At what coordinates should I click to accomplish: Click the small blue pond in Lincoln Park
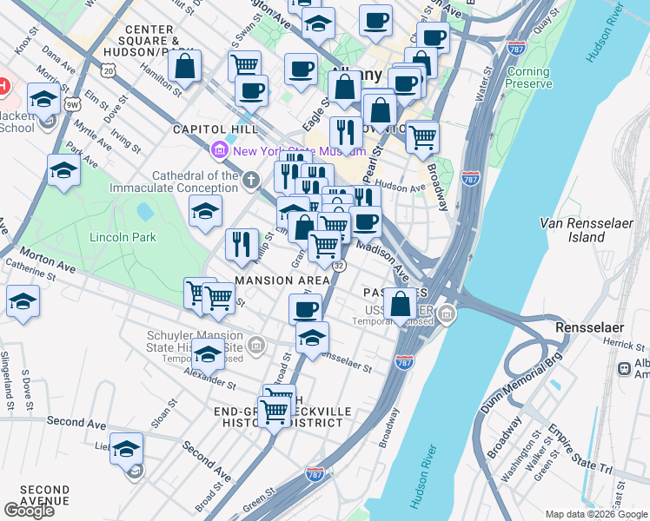click(145, 211)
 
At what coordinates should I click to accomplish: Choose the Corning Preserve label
click(528, 77)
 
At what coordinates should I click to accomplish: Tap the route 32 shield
click(339, 266)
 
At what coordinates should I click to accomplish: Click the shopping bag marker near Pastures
click(401, 305)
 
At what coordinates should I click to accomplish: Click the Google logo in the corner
click(29, 511)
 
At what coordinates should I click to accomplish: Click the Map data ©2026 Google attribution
click(595, 514)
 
